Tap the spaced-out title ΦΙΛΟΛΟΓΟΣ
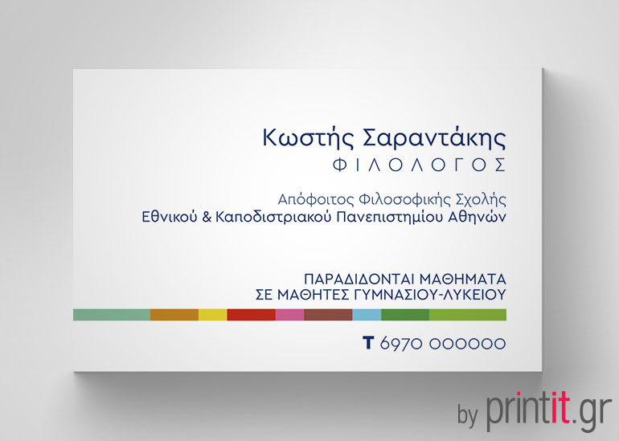click(x=419, y=165)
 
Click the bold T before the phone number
click(x=368, y=343)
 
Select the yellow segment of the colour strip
click(x=212, y=314)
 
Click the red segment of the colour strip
click(x=251, y=314)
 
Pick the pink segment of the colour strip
click(x=289, y=314)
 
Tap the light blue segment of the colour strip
click(x=366, y=314)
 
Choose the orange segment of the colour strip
click(x=174, y=314)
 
